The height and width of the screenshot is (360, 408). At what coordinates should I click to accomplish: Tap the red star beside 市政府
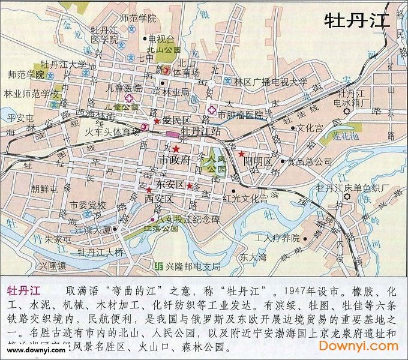176,149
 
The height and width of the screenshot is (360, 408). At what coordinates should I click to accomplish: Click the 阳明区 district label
258,162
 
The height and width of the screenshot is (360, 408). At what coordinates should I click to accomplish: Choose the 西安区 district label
158,199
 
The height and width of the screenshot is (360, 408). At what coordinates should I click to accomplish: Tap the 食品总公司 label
309,161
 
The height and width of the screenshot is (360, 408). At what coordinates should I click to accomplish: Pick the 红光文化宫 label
245,198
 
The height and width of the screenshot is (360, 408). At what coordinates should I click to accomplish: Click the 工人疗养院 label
277,238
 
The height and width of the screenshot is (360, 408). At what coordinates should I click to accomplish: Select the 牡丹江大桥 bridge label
101,253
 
